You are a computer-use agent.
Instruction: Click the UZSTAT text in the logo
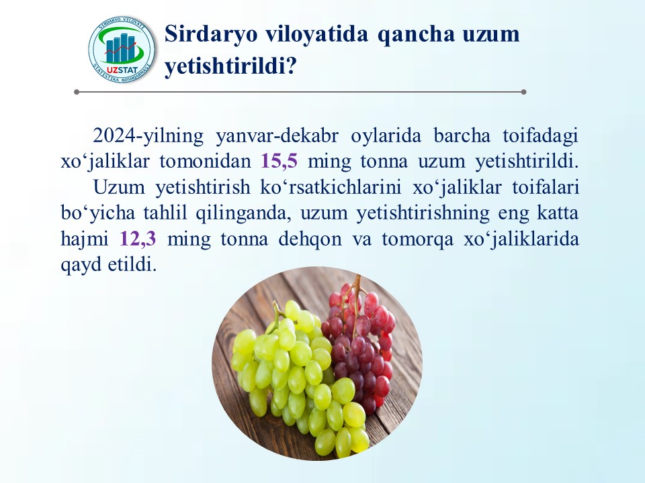(122, 69)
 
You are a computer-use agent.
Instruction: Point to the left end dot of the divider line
(77, 92)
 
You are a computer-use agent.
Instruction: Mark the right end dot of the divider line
(523, 92)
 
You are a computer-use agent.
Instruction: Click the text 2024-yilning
(148, 136)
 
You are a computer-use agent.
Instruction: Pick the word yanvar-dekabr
(277, 136)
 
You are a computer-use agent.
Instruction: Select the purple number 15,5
(279, 161)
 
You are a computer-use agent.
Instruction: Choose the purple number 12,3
(138, 238)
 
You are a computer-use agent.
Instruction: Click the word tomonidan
(206, 161)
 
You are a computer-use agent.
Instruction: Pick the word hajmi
(85, 239)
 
